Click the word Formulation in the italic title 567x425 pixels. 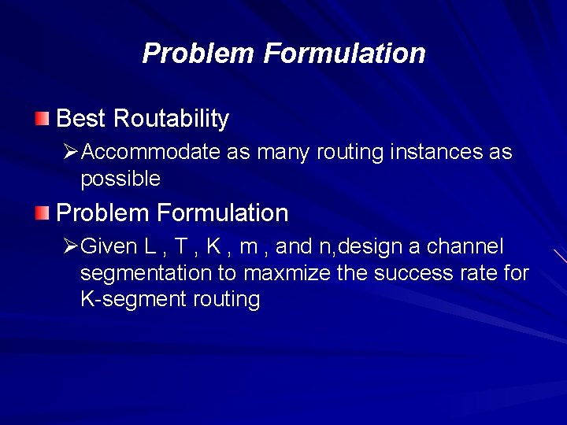coord(344,54)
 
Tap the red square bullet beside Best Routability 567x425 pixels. coord(42,119)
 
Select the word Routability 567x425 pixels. coord(171,119)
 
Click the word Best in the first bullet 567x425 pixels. coord(81,119)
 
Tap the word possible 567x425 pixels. coord(120,179)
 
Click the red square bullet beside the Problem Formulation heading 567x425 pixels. coord(42,213)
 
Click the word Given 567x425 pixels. coord(109,247)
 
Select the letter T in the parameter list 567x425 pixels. coord(181,247)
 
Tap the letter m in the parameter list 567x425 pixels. coord(248,247)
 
